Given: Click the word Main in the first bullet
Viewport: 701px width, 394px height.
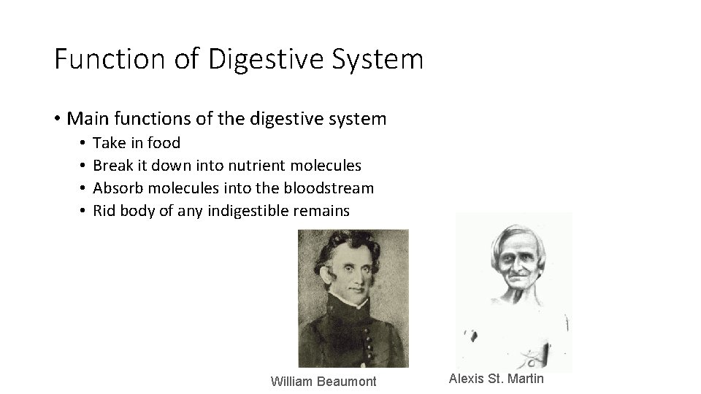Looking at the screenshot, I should (x=88, y=118).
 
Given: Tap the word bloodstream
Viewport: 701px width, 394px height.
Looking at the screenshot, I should (x=332, y=188).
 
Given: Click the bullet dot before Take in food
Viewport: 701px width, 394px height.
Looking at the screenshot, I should (x=85, y=143).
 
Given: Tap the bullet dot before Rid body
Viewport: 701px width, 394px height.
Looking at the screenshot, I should (x=85, y=212).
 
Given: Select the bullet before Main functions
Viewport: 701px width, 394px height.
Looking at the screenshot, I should (x=57, y=119).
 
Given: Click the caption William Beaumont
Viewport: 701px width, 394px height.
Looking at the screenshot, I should (x=323, y=381).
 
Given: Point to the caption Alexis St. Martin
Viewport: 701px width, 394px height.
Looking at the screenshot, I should (x=497, y=378).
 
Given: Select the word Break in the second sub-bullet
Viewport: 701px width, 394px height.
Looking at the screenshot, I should (x=113, y=166).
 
